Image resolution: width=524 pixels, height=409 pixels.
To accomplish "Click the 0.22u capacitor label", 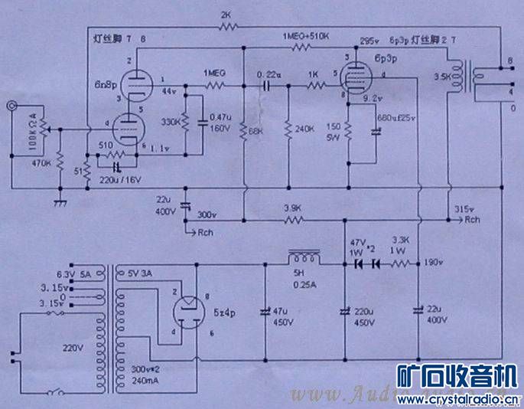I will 270,74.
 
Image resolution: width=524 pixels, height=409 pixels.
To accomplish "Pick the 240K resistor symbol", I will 287,129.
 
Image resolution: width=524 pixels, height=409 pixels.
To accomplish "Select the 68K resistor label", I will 254,131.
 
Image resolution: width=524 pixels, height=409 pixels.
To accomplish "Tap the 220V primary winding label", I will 73,347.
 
